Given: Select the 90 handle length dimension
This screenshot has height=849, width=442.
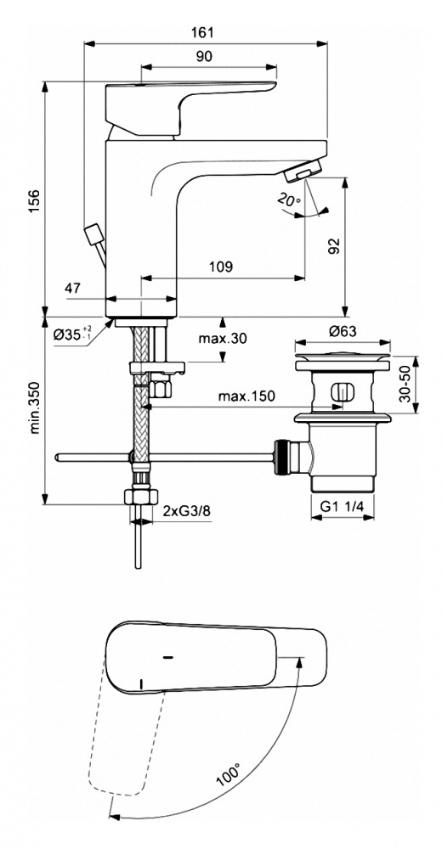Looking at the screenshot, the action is point(204,56).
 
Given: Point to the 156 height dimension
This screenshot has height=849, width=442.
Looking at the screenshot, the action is point(34,200).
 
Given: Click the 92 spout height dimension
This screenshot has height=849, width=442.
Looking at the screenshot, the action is point(334,246).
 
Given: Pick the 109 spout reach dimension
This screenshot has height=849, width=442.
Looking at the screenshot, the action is point(221,267).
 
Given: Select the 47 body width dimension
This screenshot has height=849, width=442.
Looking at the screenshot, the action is point(72,288).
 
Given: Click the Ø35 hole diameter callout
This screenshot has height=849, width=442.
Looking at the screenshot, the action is point(72,334).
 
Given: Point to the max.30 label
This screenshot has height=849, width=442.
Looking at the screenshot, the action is point(222,339).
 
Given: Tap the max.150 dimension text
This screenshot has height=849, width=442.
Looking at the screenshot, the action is point(246,396).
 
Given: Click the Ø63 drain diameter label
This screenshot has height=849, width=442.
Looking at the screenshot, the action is point(343,331).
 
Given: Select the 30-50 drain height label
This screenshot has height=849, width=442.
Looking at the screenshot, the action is point(405,385).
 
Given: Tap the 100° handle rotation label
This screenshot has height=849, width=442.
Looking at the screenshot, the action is point(228,774).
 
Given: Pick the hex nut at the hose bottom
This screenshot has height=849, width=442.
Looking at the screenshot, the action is point(141,496).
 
